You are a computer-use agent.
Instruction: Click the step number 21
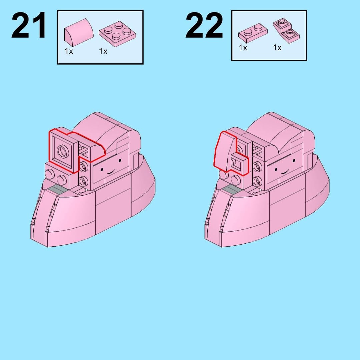click(29, 25)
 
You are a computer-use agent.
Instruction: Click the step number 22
click(204, 25)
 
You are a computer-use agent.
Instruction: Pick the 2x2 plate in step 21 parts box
click(117, 34)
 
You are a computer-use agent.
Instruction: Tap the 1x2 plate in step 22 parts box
click(253, 33)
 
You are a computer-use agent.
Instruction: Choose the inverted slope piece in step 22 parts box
click(286, 31)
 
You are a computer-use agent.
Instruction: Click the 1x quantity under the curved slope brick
click(69, 51)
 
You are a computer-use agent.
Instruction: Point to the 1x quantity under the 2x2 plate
click(103, 51)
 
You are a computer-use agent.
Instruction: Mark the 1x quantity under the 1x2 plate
click(243, 48)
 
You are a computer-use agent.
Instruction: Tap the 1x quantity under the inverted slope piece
click(277, 48)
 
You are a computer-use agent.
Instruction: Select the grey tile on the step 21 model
click(58, 189)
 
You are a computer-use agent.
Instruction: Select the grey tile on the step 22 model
click(232, 189)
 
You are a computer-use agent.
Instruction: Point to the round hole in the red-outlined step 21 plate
click(63, 152)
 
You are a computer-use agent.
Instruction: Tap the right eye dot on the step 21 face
click(120, 160)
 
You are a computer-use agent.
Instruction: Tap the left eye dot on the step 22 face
click(276, 170)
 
